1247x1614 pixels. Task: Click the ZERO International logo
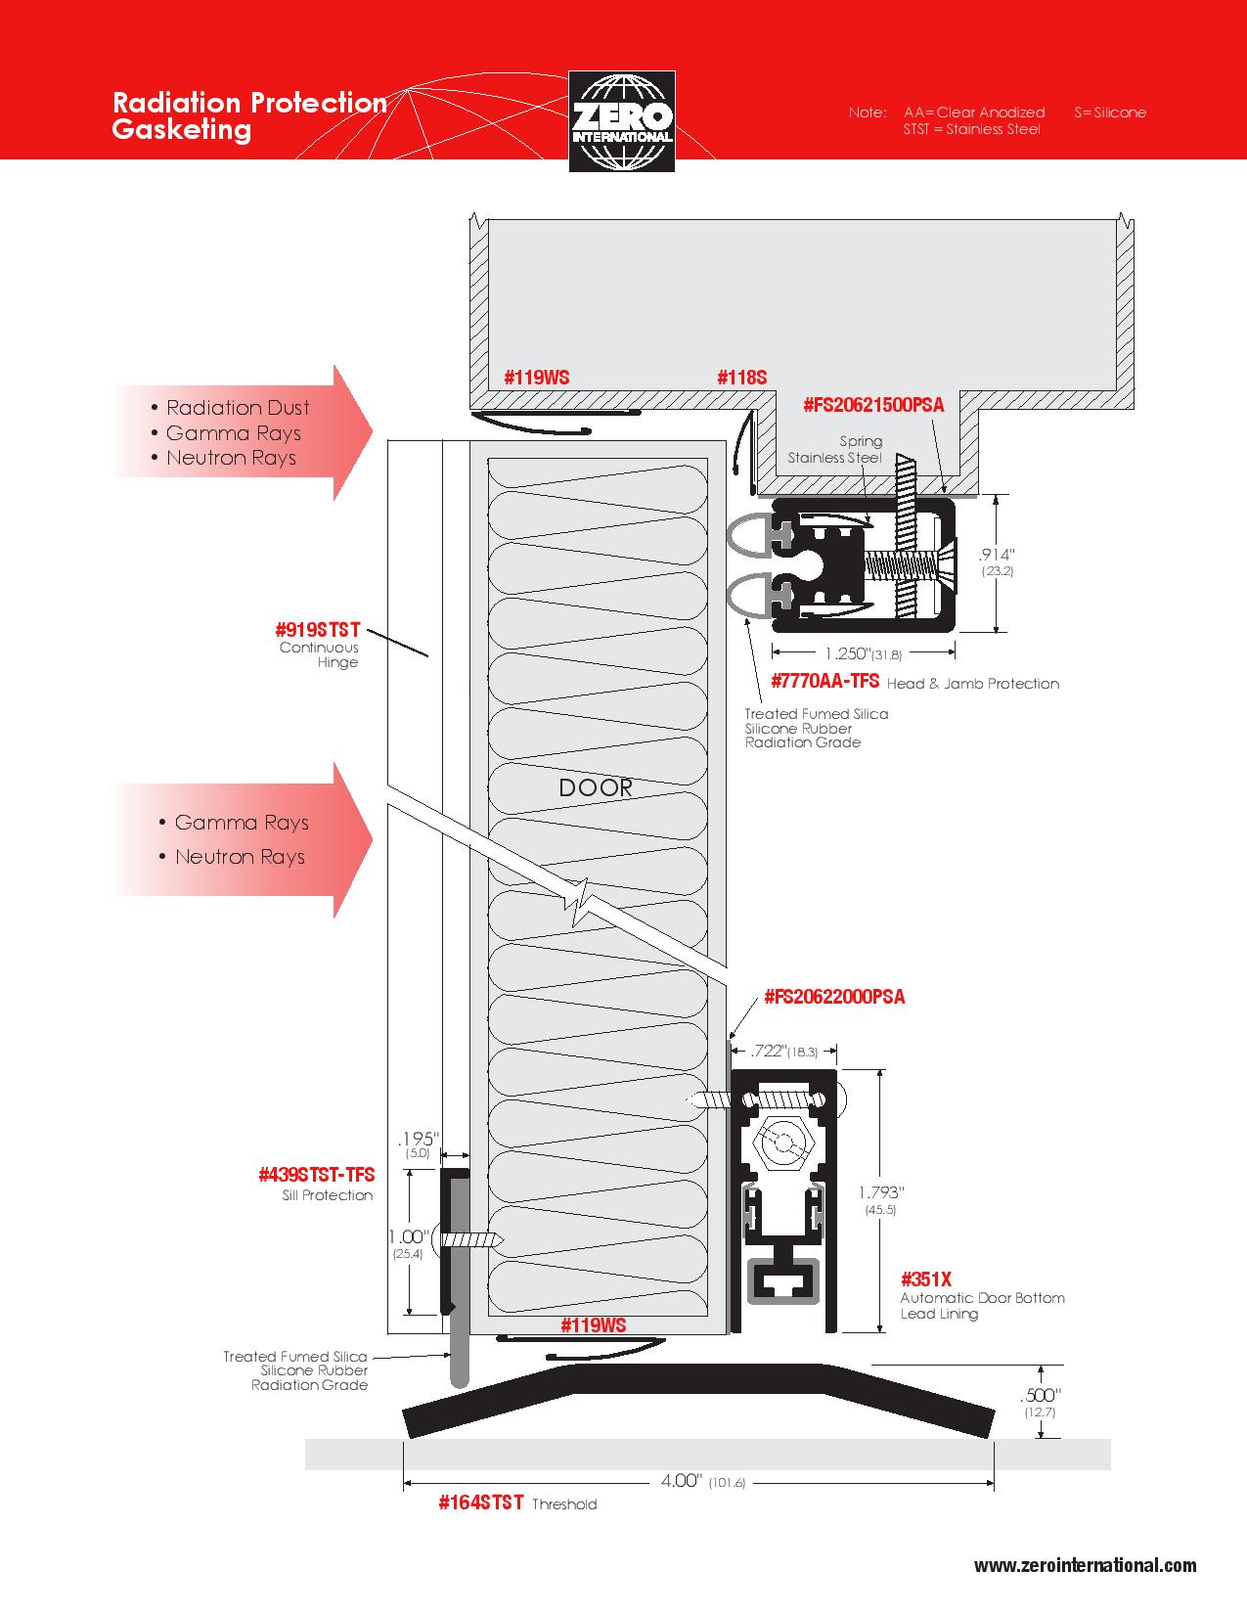pyautogui.click(x=622, y=121)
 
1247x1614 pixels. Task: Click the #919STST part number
pyautogui.click(x=317, y=628)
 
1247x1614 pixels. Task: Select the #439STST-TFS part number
pyautogui.click(x=316, y=1175)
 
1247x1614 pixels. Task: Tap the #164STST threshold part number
pyautogui.click(x=480, y=1502)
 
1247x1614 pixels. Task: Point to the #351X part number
pyautogui.click(x=925, y=1278)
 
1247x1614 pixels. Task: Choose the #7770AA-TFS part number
pyautogui.click(x=824, y=681)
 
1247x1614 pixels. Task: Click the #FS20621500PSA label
pyautogui.click(x=873, y=405)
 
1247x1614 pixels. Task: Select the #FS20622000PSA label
pyautogui.click(x=834, y=997)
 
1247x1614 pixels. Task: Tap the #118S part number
pyautogui.click(x=741, y=378)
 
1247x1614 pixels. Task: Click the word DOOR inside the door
pyautogui.click(x=596, y=787)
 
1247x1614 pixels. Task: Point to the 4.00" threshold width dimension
pyautogui.click(x=682, y=1480)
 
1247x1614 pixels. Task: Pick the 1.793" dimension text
pyautogui.click(x=880, y=1192)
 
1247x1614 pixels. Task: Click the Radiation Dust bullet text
pyautogui.click(x=237, y=408)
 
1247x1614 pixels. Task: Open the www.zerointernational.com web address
pyautogui.click(x=1085, y=1565)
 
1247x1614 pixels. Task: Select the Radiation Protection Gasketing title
pyautogui.click(x=249, y=115)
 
